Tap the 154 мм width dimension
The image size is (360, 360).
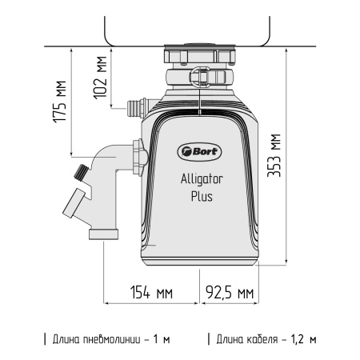151,292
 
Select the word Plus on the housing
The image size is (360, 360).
201,196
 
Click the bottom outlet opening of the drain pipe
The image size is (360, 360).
103,234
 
